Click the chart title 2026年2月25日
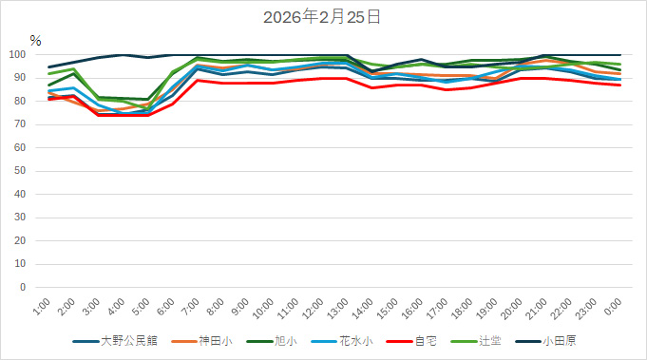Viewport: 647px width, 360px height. [x=323, y=16]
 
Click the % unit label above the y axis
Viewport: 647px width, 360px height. [x=35, y=41]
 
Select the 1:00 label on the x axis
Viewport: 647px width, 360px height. [x=42, y=306]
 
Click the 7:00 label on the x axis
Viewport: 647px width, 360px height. [x=190, y=306]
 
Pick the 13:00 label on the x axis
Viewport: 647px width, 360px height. [x=336, y=308]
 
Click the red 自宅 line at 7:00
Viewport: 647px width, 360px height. [x=197, y=81]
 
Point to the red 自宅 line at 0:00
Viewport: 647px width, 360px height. [x=620, y=85]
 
